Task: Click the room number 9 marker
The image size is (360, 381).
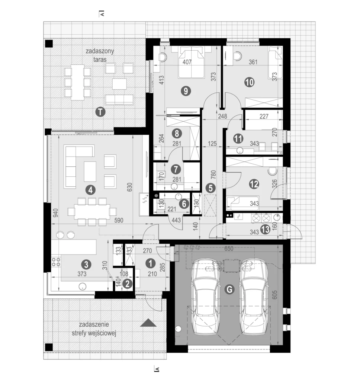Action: point(185,90)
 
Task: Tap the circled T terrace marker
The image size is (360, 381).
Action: point(99,111)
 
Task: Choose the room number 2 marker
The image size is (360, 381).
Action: point(128,284)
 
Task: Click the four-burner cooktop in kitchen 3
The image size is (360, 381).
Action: point(56,262)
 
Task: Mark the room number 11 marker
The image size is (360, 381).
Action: point(238,138)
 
